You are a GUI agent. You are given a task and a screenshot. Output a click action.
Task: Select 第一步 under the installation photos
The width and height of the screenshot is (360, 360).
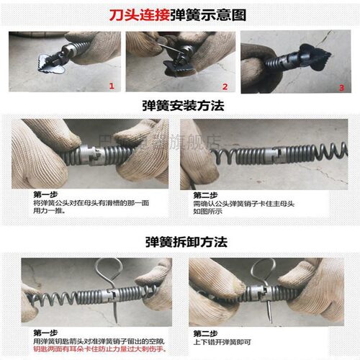coord(45,195)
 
